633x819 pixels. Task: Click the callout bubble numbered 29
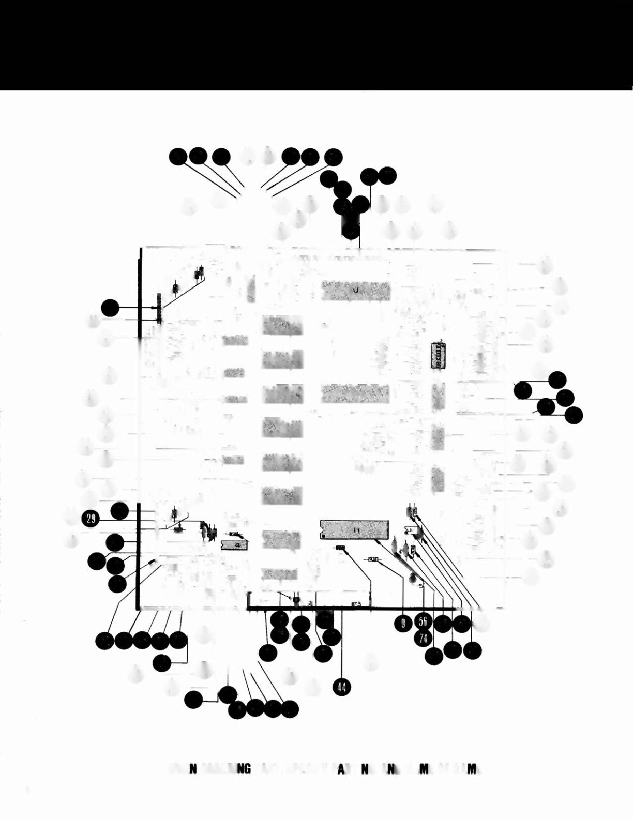[x=91, y=520]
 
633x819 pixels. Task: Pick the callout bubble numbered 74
[x=424, y=638]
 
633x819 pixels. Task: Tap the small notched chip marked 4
[x=234, y=545]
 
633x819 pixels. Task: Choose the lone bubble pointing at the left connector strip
[x=110, y=308]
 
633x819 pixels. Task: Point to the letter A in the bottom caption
[x=342, y=770]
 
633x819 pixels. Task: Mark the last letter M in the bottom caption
[x=471, y=770]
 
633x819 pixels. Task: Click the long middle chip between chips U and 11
[x=355, y=395]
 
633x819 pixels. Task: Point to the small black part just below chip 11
[x=340, y=548]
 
